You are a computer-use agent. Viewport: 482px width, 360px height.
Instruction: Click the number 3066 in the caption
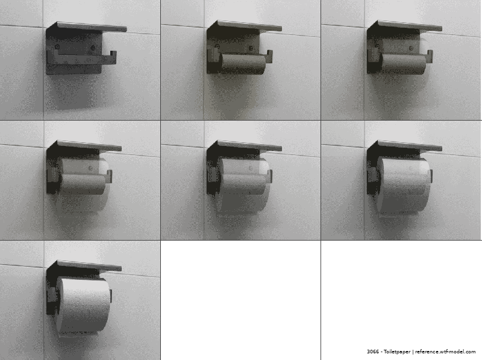click(372, 352)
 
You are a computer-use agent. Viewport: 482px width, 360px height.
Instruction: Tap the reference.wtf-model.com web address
click(445, 352)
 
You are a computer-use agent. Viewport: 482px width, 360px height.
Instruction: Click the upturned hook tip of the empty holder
click(113, 54)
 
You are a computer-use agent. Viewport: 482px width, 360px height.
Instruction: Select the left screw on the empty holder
click(57, 47)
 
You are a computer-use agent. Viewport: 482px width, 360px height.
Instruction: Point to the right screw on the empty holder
click(93, 48)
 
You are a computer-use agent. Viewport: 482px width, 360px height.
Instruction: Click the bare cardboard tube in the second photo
click(243, 64)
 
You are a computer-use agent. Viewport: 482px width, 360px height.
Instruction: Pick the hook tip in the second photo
click(269, 53)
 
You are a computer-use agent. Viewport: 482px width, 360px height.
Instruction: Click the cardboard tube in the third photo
click(403, 64)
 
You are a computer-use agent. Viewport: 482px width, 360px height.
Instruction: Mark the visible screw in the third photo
click(412, 48)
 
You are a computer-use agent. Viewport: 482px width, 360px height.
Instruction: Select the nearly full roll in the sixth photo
click(404, 185)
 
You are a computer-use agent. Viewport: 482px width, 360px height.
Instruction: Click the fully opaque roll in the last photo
click(84, 305)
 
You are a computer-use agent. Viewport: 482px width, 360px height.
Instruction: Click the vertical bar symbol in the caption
click(413, 352)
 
